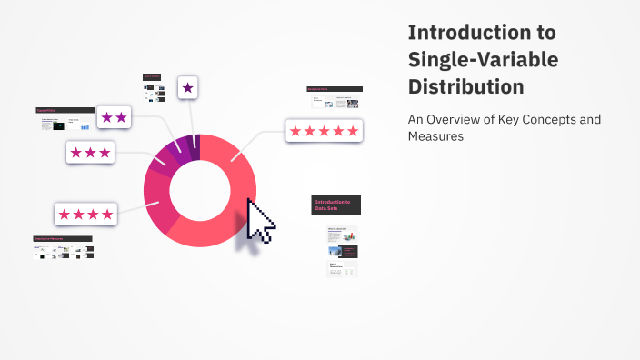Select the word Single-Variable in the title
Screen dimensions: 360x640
[483, 60]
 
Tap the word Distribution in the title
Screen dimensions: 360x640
[465, 87]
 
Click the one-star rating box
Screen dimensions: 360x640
[188, 87]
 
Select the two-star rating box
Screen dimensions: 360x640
[115, 117]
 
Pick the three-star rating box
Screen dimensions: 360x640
[90, 153]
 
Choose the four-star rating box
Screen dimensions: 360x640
[85, 215]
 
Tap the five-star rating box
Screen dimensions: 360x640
[325, 131]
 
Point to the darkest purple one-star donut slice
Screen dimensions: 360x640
[194, 141]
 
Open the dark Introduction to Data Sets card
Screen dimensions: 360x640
[335, 205]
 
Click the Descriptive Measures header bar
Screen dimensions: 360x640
[63, 239]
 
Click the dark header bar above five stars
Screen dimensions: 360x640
[335, 89]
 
